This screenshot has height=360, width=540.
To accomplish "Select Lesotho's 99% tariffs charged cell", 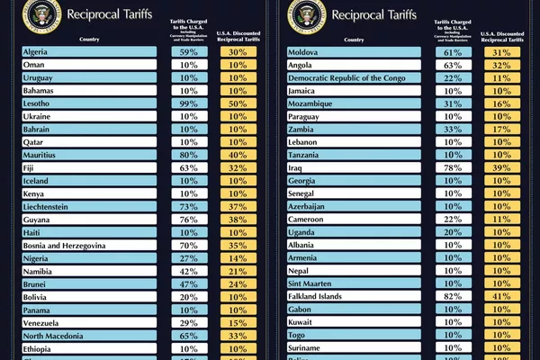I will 189,103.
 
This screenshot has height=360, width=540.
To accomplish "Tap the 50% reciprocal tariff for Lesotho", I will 238,103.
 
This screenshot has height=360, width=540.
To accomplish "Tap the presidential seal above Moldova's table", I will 307,13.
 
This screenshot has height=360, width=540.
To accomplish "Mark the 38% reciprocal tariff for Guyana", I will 238,220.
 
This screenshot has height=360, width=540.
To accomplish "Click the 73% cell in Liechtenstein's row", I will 189,207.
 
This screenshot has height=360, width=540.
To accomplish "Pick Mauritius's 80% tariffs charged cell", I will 189,155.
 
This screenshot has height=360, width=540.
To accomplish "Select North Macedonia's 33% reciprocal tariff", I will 238,336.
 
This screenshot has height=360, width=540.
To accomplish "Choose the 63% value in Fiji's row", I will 189,168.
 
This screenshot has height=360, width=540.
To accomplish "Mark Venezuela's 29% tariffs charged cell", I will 189,323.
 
